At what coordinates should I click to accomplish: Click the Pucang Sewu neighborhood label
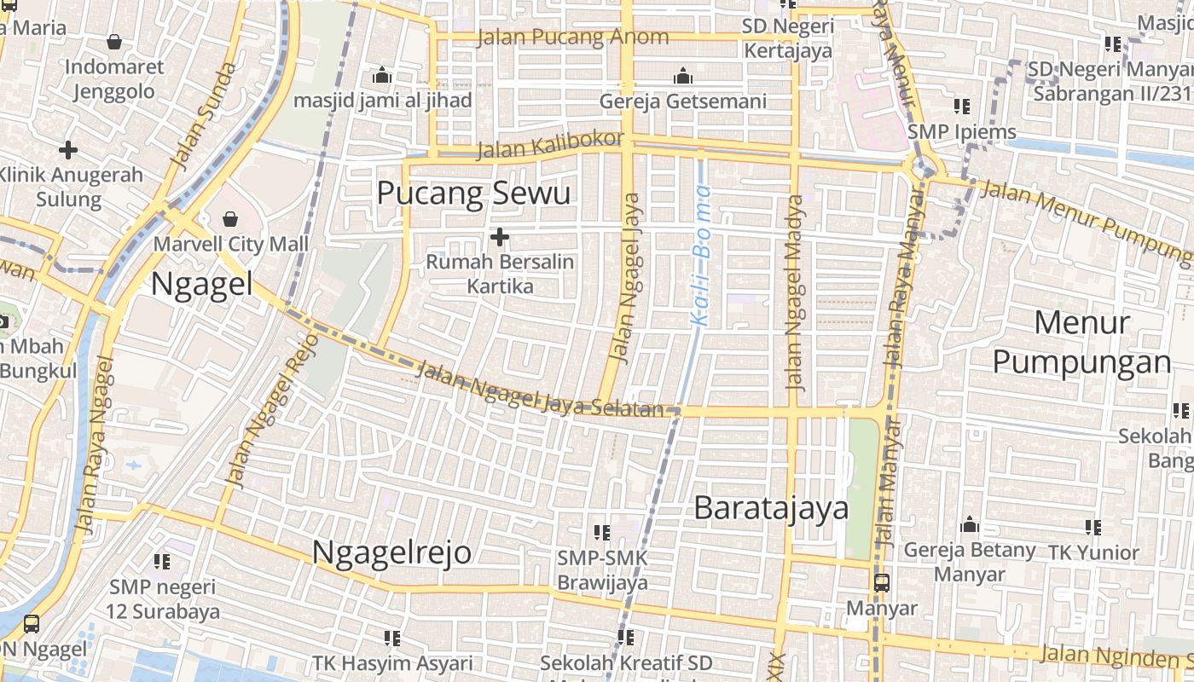click(473, 194)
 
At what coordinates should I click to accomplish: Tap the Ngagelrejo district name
click(391, 552)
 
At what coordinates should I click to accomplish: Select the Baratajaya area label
click(771, 508)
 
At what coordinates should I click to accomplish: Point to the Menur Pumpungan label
click(1081, 343)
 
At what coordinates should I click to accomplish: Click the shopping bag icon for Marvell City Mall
click(230, 220)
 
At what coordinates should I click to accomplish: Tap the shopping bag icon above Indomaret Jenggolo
click(114, 41)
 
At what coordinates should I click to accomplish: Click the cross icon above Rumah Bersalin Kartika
click(500, 236)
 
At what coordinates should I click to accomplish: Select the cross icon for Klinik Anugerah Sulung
click(68, 150)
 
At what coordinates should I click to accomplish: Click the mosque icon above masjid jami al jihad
click(382, 75)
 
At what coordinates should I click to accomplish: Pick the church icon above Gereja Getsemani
click(682, 77)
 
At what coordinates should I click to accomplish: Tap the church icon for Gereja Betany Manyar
click(970, 524)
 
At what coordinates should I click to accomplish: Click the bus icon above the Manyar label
click(881, 583)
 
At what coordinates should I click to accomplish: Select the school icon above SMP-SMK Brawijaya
click(602, 533)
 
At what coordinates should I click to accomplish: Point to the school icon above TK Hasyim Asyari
click(392, 638)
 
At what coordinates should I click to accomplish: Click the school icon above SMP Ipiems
click(962, 107)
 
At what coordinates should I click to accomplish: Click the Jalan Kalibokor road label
click(550, 145)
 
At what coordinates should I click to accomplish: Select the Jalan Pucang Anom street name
click(573, 37)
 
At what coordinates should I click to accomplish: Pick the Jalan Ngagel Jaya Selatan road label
click(539, 390)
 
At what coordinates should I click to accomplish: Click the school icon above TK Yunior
click(1093, 528)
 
